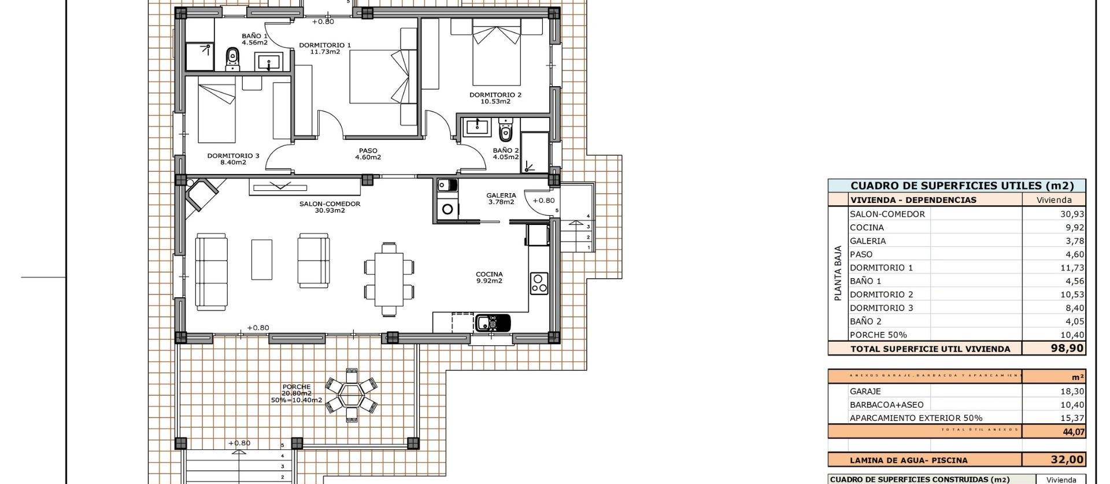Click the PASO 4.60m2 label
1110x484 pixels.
(368, 154)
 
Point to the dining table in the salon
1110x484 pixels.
(389, 279)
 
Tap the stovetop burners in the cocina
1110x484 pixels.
(539, 283)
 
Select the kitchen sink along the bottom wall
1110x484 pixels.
(493, 322)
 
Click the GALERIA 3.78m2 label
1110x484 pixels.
(501, 198)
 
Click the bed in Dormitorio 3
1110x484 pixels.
(216, 113)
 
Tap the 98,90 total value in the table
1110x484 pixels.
(1067, 349)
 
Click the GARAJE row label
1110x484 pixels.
(865, 391)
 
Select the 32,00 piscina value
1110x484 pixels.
(1067, 460)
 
